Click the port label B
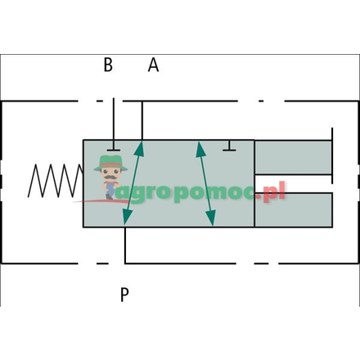[108, 65]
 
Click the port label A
[153, 65]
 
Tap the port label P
[124, 295]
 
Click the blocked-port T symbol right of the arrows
[230, 148]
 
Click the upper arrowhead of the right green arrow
[199, 147]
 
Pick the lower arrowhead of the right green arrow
[211, 218]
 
